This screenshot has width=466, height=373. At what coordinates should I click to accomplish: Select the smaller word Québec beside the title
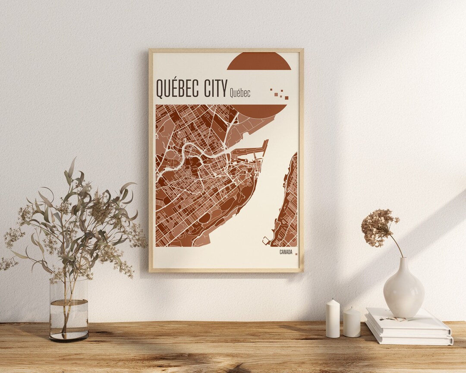pos(240,92)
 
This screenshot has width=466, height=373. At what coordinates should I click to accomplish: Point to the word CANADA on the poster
pos(286,252)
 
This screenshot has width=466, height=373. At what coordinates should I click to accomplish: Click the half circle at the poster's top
pos(259,61)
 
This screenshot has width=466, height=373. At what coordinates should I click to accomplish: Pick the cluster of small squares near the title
pos(280,94)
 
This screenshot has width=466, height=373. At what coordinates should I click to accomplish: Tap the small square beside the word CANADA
pos(296,254)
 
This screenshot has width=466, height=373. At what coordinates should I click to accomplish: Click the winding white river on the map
pos(190,149)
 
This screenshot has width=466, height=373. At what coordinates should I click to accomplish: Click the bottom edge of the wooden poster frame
pos(226,271)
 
